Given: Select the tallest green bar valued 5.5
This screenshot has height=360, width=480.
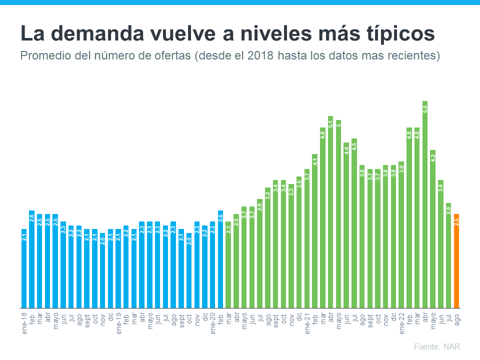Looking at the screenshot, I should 425,205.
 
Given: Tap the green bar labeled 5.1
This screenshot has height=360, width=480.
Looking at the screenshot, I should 330,212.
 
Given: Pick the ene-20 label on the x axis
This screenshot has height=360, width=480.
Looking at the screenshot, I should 212,323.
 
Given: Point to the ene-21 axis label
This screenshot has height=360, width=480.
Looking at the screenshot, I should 307,323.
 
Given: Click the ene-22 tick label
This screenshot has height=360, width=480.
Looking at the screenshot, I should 401,323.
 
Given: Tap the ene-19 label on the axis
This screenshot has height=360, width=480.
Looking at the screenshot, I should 118,323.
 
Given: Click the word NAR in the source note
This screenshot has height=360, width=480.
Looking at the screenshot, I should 452,346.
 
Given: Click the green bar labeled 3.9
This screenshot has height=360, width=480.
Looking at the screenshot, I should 401,235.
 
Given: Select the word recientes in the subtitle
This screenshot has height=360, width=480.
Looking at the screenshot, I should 415,55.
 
